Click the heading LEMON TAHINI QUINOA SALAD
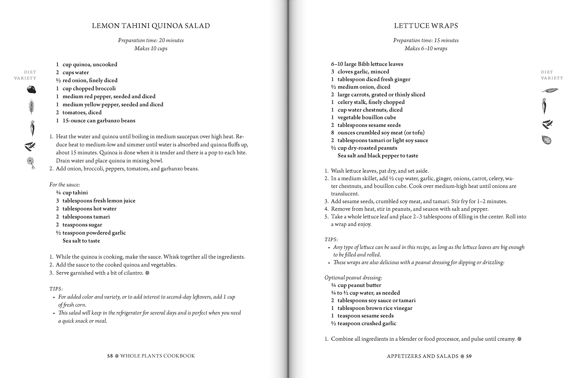(x=151, y=26)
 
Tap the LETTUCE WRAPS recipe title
(x=426, y=26)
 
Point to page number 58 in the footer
(x=110, y=356)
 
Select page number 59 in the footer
(x=469, y=356)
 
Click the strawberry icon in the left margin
(x=31, y=89)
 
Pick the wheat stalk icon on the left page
(x=32, y=107)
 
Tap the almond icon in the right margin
(x=546, y=140)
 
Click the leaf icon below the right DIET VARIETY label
(x=550, y=90)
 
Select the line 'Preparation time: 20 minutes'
(x=151, y=40)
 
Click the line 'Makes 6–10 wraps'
(x=426, y=48)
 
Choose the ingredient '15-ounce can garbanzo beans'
(x=99, y=121)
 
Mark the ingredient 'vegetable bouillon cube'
(x=366, y=117)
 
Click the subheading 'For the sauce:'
(x=65, y=185)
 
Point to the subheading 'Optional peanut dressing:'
(x=353, y=278)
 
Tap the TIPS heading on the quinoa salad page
(x=56, y=289)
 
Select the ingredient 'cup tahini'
(x=75, y=193)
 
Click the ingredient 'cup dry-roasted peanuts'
(x=367, y=148)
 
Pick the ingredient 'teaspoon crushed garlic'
(x=366, y=323)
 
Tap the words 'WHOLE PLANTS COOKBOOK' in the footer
(x=157, y=356)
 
